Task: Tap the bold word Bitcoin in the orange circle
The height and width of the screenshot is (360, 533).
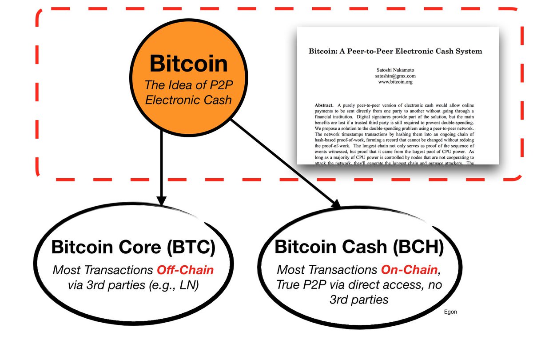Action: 189,64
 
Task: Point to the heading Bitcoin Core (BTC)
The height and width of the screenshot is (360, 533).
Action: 133,247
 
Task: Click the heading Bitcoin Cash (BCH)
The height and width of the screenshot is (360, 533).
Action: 359,247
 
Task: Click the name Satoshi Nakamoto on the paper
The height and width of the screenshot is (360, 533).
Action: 395,70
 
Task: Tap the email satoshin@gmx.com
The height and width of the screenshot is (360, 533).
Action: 395,76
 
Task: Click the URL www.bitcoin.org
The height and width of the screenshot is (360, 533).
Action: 395,82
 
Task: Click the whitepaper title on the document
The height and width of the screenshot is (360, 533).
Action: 395,51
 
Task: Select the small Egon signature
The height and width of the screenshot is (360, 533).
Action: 450,312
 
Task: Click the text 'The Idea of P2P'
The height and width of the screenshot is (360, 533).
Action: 189,84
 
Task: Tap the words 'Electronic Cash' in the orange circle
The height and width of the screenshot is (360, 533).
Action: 189,100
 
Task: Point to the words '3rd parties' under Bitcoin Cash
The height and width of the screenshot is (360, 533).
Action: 359,300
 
